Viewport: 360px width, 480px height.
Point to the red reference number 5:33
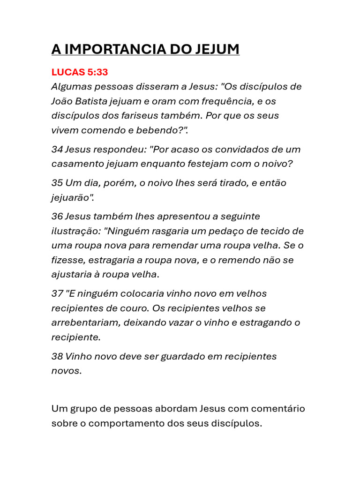coord(97,73)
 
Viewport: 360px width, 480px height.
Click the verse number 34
coord(57,150)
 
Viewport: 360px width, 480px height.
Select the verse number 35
coord(57,183)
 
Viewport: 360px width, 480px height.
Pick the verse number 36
coord(57,217)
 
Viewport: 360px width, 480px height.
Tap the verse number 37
coord(57,294)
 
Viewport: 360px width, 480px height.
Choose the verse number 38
coord(57,356)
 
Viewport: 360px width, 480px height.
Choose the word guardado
coord(183,356)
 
